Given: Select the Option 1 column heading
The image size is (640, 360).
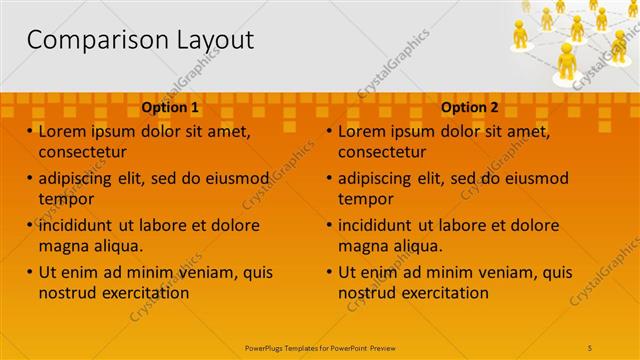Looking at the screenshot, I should pyautogui.click(x=170, y=106).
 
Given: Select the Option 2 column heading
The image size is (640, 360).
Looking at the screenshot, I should pyautogui.click(x=469, y=106).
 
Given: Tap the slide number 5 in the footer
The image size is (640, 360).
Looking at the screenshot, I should pyautogui.click(x=591, y=347).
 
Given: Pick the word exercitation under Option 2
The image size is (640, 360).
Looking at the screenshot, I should pyautogui.click(x=439, y=293).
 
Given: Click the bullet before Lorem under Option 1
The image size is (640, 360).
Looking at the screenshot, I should pyautogui.click(x=30, y=132).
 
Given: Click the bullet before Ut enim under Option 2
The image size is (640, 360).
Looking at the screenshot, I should pyautogui.click(x=330, y=272).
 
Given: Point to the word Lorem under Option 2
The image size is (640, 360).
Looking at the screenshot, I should pyautogui.click(x=362, y=132).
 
